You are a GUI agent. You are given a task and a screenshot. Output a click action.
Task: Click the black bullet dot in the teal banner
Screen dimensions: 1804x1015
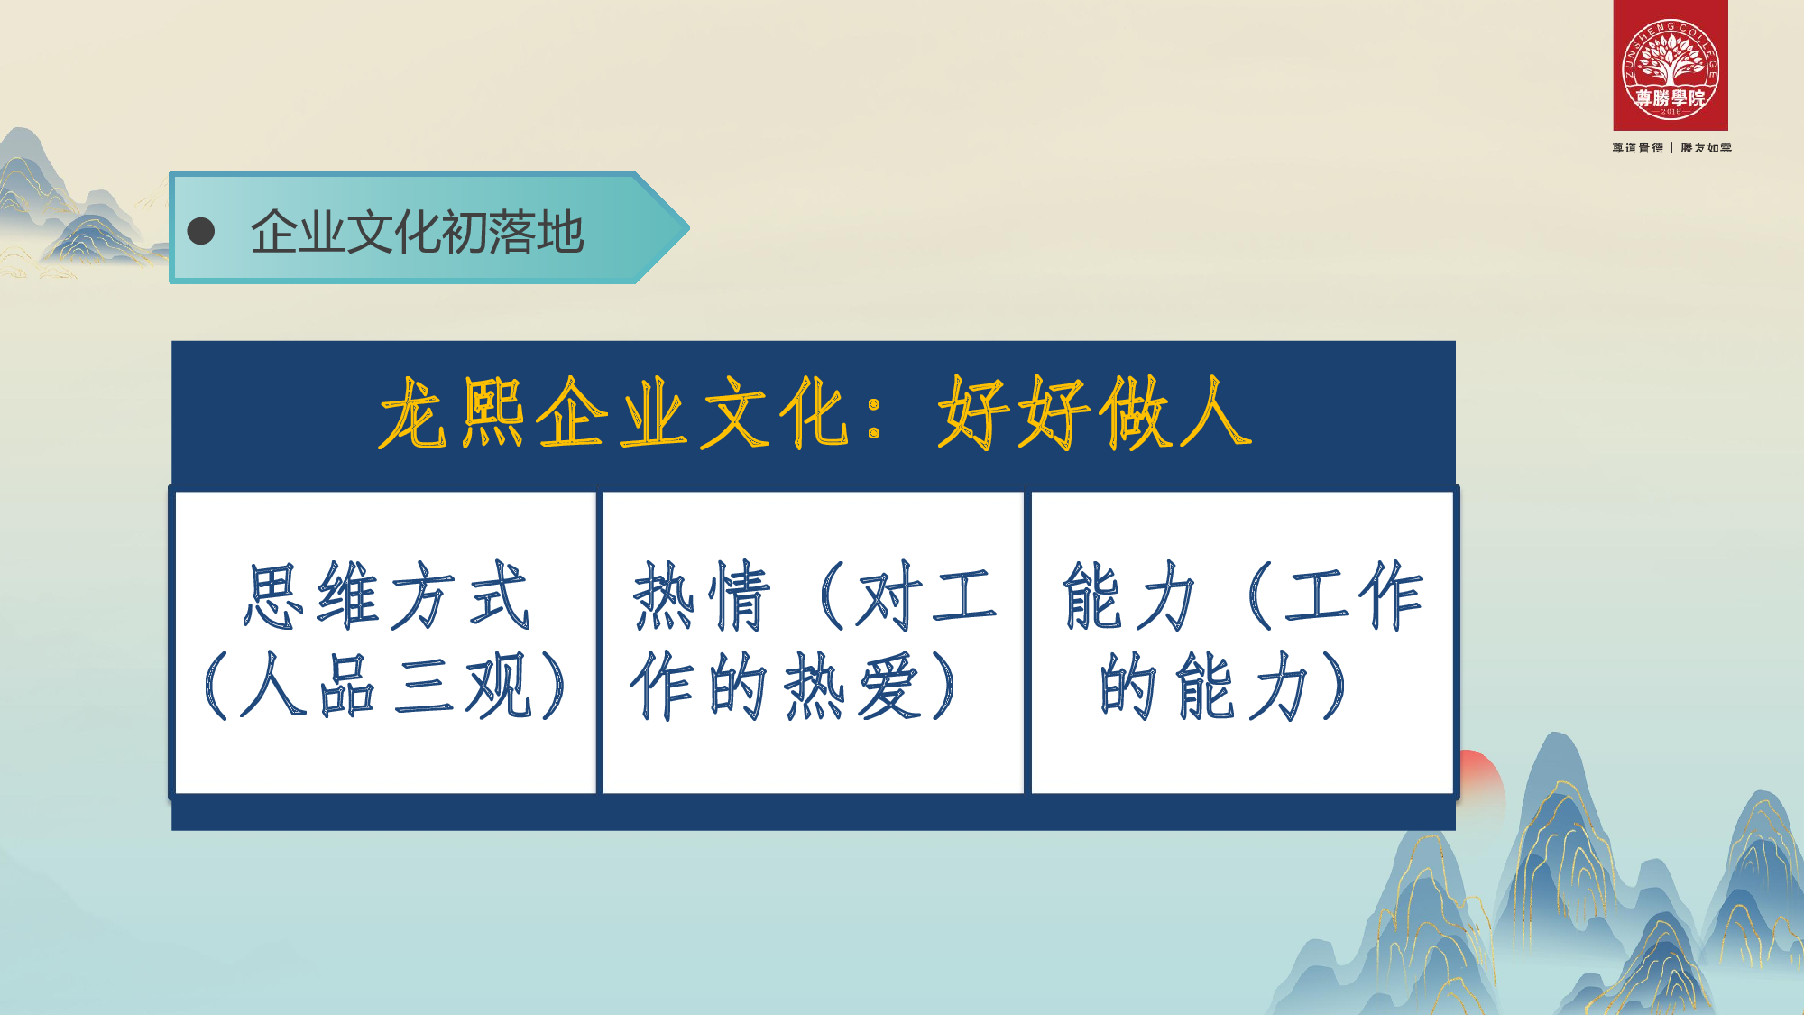click(x=200, y=231)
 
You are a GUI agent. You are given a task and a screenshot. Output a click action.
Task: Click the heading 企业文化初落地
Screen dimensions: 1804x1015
click(x=418, y=232)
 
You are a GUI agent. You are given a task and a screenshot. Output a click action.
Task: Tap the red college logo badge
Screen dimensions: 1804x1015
click(x=1671, y=65)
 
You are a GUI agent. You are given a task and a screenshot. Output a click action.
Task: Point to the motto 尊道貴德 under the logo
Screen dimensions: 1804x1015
click(x=1638, y=148)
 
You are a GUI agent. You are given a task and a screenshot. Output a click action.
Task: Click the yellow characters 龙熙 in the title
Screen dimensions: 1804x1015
click(x=452, y=413)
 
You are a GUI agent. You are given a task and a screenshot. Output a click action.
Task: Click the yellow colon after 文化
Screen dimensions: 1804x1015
click(x=873, y=418)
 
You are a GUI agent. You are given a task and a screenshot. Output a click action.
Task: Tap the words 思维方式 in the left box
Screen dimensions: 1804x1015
click(x=386, y=595)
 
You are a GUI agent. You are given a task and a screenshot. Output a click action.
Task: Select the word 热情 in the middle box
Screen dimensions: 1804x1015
click(x=702, y=595)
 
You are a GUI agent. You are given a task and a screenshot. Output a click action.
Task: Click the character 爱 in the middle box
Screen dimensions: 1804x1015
click(x=889, y=687)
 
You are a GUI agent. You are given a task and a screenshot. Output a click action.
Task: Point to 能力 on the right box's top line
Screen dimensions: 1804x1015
click(x=1129, y=595)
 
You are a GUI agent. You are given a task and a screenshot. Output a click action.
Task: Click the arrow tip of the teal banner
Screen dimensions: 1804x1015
click(x=689, y=228)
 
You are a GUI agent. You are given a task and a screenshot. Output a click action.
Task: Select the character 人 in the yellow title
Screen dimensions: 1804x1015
click(x=1213, y=413)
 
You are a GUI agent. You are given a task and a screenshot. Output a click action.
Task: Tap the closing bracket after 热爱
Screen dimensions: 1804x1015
click(x=943, y=687)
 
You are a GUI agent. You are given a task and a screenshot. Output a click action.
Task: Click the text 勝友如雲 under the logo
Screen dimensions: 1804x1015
click(x=1706, y=148)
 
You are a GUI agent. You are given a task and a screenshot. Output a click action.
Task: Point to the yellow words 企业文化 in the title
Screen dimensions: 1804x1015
click(x=692, y=413)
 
